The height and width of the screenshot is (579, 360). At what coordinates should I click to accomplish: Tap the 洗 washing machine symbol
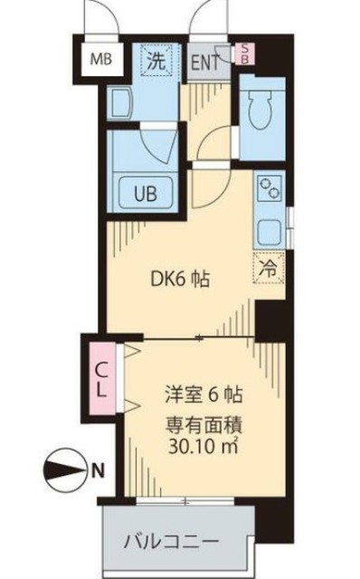156,62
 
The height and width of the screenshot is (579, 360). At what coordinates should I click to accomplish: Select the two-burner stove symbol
270,188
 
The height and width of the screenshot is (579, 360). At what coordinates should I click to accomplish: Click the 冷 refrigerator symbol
269,268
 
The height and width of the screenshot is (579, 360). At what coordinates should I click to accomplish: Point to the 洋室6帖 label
204,395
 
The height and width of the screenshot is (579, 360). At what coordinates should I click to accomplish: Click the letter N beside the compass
97,470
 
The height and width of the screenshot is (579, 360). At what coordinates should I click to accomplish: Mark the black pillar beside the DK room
269,318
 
